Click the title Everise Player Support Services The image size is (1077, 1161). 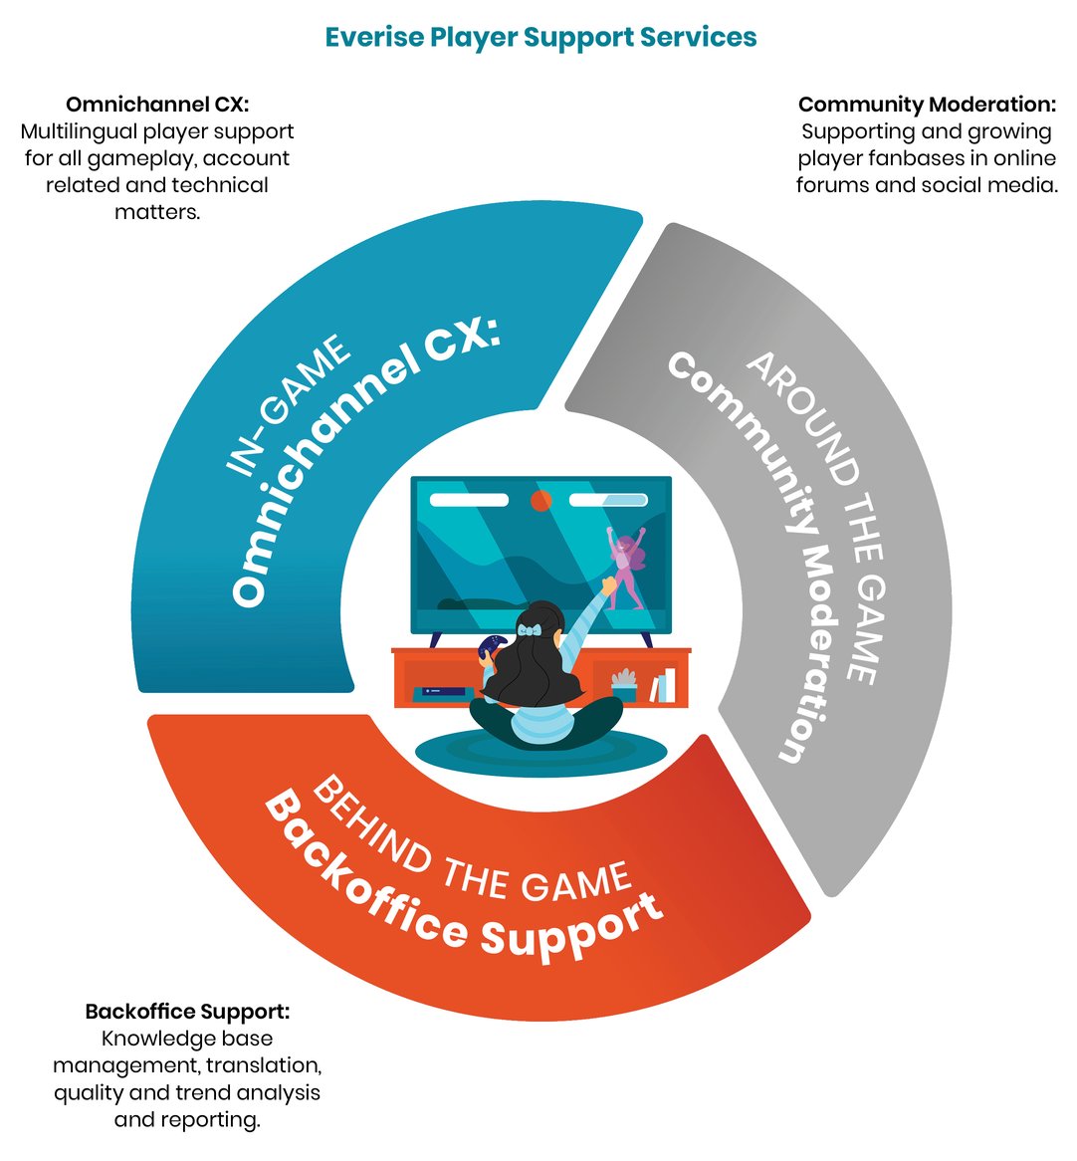(x=540, y=38)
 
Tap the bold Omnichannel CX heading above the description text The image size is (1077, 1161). (x=156, y=105)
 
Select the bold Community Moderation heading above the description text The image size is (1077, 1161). (x=926, y=105)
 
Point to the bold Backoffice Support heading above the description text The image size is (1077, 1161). (x=187, y=1012)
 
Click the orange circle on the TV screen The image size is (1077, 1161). (x=540, y=501)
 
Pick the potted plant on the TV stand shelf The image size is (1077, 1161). (x=624, y=685)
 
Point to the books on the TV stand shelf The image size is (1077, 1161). (x=664, y=685)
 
